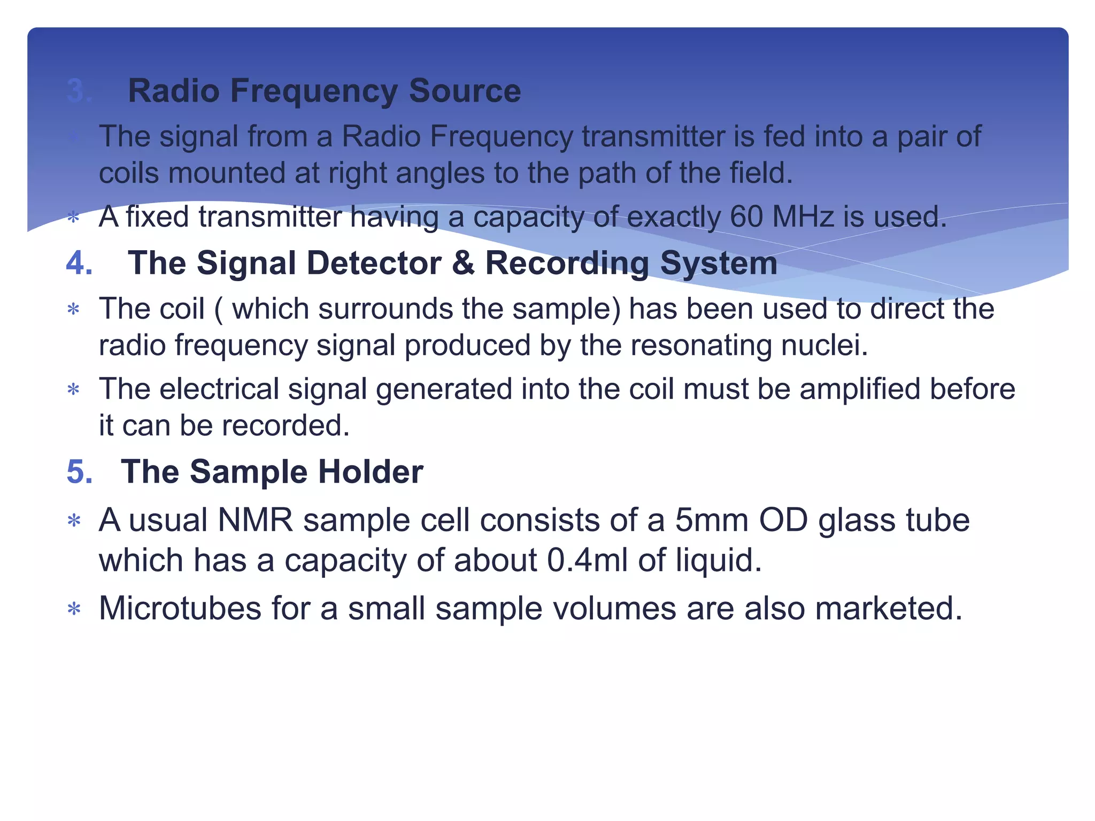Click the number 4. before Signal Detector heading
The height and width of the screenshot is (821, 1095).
[79, 263]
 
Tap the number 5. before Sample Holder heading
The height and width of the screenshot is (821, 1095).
[79, 471]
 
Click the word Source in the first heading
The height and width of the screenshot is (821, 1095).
[464, 90]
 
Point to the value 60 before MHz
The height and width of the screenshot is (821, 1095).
[746, 216]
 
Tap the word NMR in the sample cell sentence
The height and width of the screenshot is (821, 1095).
[256, 520]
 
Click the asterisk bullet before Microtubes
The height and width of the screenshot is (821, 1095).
[74, 609]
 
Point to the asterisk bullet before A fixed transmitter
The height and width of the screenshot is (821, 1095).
[73, 218]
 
